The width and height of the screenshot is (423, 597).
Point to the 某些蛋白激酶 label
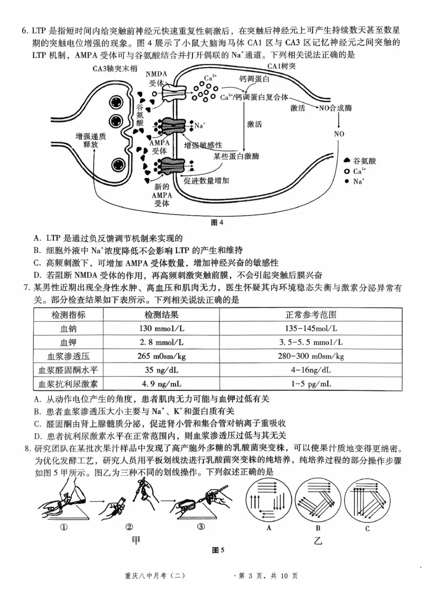(x=236, y=156)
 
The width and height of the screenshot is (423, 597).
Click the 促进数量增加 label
(x=206, y=181)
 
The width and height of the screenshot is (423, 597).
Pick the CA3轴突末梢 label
(x=114, y=69)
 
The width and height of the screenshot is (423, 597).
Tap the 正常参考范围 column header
(x=311, y=314)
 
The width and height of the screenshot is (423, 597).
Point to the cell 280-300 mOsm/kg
(x=311, y=356)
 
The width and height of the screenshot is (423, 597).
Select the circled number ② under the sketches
(x=128, y=526)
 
